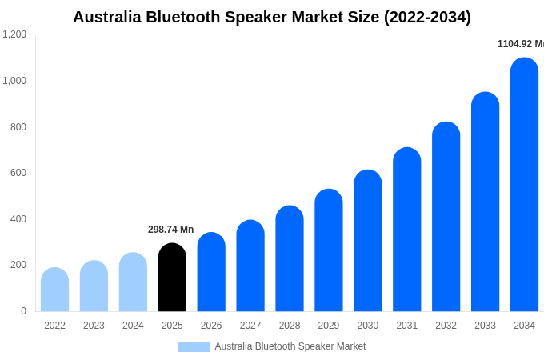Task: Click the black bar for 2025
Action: [x=172, y=278]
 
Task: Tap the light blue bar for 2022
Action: [x=54, y=290]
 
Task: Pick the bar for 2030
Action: [x=368, y=241]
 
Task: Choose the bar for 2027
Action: [x=250, y=266]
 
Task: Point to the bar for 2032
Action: [x=446, y=217]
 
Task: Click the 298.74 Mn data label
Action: [x=170, y=230]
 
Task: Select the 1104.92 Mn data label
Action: [x=520, y=44]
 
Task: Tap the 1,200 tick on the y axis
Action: [x=14, y=34]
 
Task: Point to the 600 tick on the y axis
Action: [x=18, y=173]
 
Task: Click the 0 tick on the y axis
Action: [x=23, y=311]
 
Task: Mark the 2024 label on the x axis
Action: [x=133, y=326]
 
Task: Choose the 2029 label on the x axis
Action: [x=328, y=326]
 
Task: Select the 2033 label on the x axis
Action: [x=485, y=326]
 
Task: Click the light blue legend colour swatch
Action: [x=194, y=347]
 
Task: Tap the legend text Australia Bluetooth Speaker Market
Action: [x=290, y=346]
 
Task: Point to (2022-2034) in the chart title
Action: [x=427, y=17]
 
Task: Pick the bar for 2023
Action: [x=94, y=286]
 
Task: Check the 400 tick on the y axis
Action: [x=18, y=219]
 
